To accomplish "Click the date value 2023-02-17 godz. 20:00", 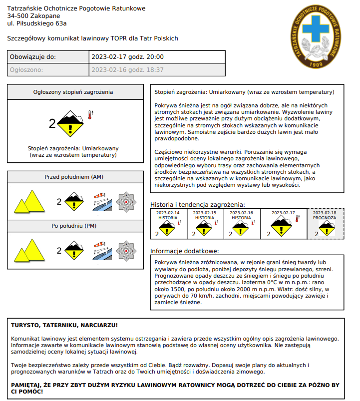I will coord(127,57).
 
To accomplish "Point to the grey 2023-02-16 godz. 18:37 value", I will coord(127,70).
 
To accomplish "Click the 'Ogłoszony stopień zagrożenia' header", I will coord(73,92).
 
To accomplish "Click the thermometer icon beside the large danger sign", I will coord(90,114).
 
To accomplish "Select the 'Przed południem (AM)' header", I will coord(73,177).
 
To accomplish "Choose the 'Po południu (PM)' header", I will coord(73,226).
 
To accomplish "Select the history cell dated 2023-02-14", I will coord(168,224).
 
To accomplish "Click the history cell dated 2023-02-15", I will coord(205,224).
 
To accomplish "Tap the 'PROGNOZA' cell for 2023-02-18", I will coord(326,224).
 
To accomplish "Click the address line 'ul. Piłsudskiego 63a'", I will coord(37,23).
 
